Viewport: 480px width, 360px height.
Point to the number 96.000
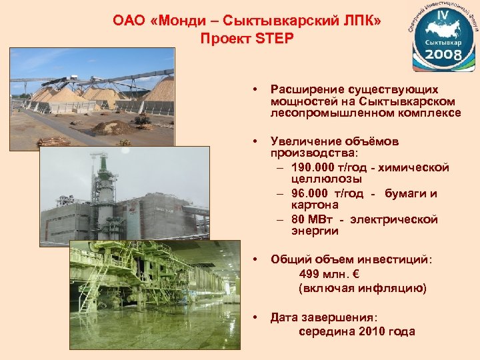pos(312,193)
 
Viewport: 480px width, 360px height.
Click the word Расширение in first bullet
pos(309,89)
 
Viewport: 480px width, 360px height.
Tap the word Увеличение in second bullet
pos(306,141)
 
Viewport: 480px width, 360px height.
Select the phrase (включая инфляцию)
pos(362,288)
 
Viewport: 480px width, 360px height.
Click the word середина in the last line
pos(325,331)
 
